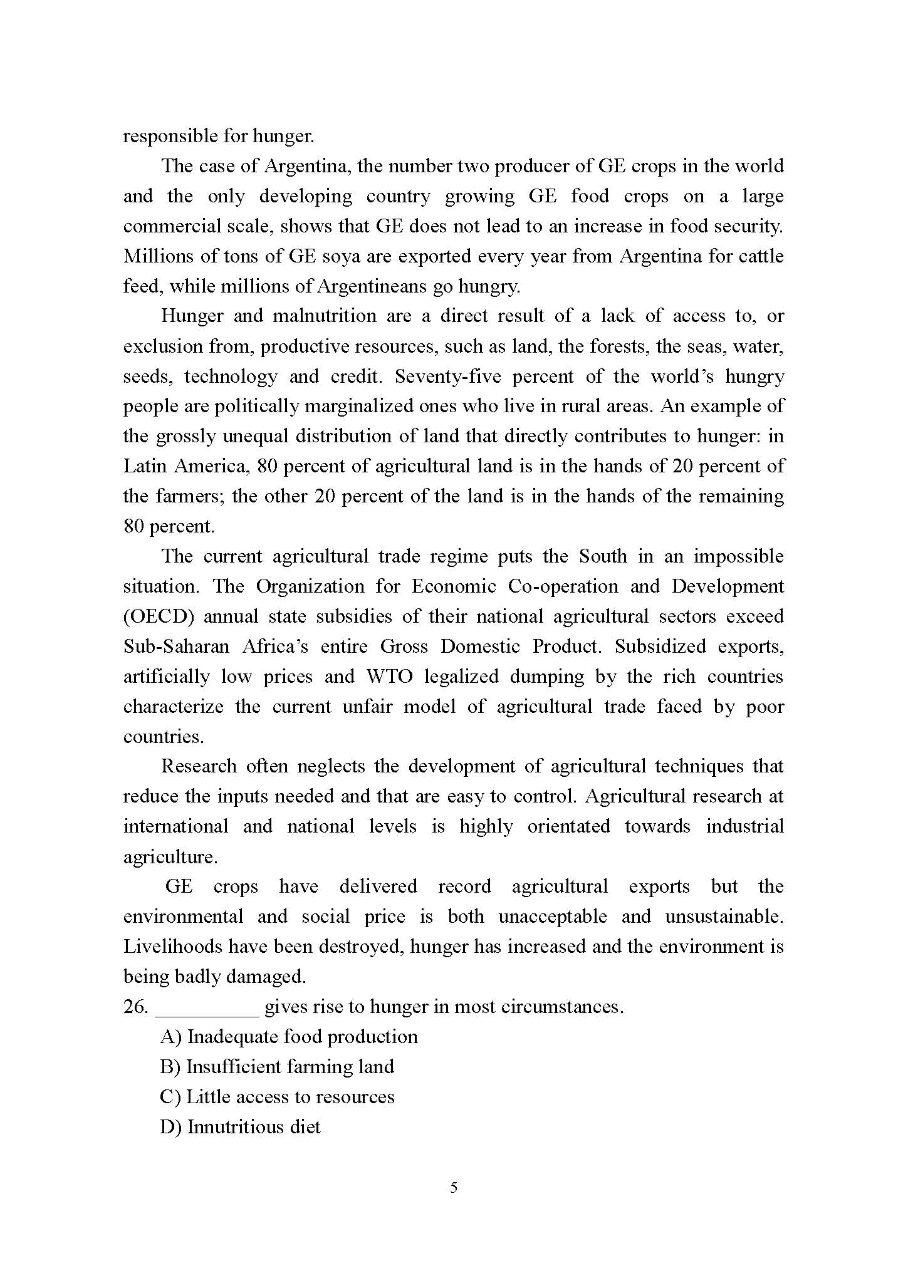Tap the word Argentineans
point(371,287)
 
